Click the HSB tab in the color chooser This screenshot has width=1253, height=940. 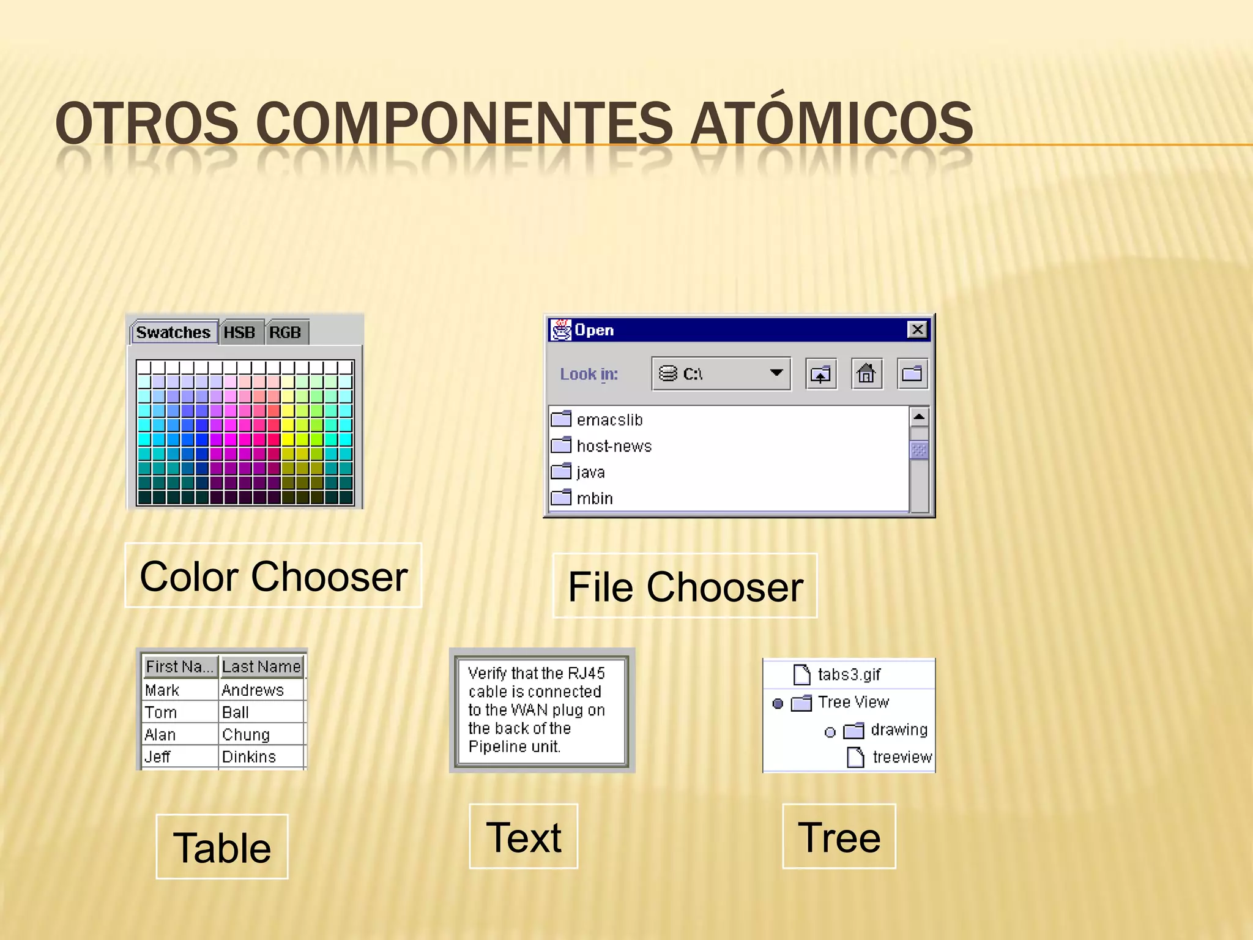point(239,332)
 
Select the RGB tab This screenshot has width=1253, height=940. point(285,332)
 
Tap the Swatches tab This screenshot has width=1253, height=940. point(173,332)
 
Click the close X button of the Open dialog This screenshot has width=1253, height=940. point(917,330)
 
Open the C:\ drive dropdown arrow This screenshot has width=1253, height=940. point(776,373)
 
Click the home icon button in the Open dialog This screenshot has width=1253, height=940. point(866,373)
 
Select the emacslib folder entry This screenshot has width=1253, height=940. point(609,420)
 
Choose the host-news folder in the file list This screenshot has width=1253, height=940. point(614,446)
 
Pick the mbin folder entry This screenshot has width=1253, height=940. point(594,499)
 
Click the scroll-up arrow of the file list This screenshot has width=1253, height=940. point(918,417)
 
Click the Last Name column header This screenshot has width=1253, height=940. point(261,666)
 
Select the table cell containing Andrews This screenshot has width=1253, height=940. point(253,690)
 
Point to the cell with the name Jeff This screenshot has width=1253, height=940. point(158,757)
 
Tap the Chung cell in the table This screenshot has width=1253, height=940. point(246,734)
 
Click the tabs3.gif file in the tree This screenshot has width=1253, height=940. point(849,674)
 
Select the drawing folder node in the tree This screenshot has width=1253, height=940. point(898,729)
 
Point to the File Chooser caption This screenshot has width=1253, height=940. point(685,587)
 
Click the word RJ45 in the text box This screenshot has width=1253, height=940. point(586,673)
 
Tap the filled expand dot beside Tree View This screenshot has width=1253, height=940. point(778,703)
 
